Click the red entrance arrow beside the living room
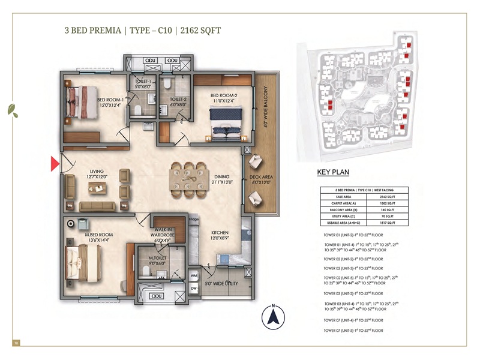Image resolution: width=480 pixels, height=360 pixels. click(x=54, y=163)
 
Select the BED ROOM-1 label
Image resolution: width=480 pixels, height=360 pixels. click(x=110, y=100)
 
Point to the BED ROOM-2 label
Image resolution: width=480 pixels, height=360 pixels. click(x=224, y=95)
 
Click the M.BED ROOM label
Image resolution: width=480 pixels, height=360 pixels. click(x=98, y=235)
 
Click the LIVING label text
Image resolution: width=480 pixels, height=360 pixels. click(x=97, y=170)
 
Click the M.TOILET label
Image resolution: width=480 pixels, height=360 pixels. click(x=157, y=259)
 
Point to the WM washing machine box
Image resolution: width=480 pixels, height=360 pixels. click(x=193, y=275)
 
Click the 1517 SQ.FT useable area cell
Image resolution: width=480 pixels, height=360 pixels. click(x=382, y=223)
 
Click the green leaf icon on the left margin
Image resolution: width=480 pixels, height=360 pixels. click(x=11, y=110)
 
